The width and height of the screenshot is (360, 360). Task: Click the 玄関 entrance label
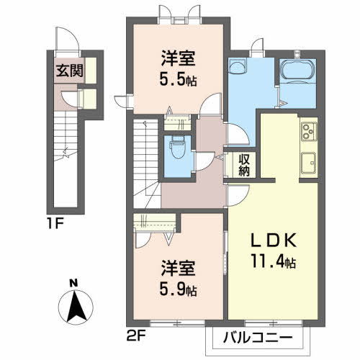pos(70,71)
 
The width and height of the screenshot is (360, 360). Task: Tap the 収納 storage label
pos(244,165)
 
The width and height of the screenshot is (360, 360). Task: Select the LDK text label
pos(274,240)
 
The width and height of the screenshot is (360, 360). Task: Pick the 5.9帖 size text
pos(178,289)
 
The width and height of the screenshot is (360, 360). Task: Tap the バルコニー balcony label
pos(258,338)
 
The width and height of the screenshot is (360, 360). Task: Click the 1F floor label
pos(55,224)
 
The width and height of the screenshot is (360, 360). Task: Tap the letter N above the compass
pos(73,284)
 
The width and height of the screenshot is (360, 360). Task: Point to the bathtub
pos(297,70)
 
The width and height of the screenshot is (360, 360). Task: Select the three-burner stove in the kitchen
pos(309,131)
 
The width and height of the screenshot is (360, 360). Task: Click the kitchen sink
pos(309,163)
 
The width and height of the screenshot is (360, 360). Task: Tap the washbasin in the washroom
pos(238,66)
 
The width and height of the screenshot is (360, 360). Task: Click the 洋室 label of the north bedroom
pos(178,58)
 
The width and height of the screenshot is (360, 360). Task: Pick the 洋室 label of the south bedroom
pos(178,269)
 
